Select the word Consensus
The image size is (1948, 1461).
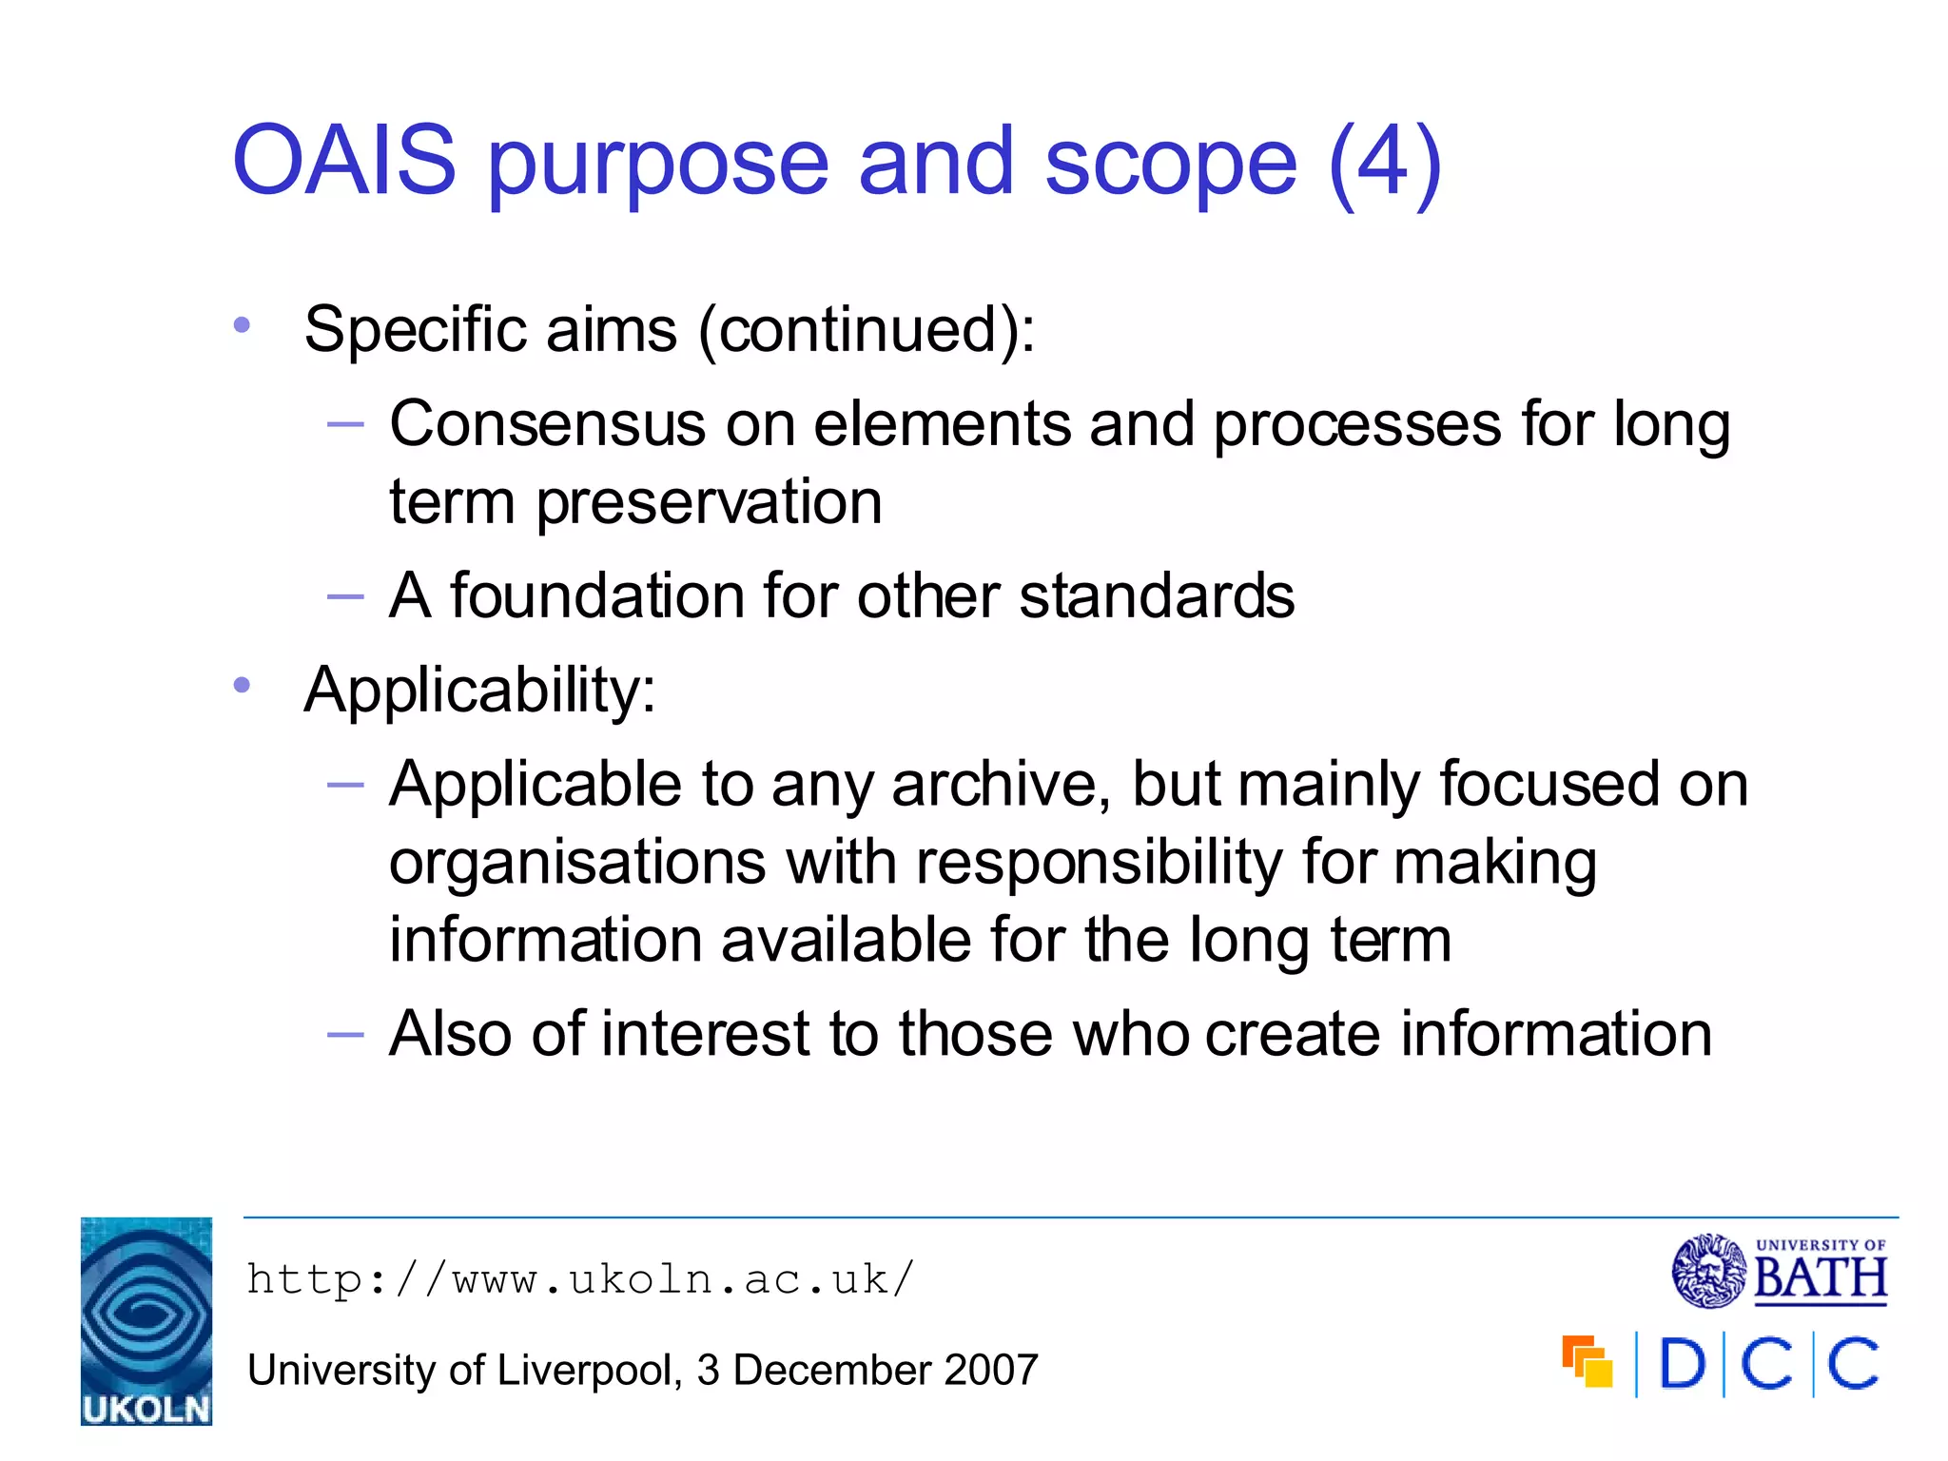point(547,424)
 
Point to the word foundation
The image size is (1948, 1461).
point(596,596)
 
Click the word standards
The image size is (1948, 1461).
point(1156,596)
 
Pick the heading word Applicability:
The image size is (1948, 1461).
point(479,690)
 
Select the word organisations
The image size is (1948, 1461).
point(577,863)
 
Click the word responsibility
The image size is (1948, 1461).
point(1099,863)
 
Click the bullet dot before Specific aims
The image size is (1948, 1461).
point(242,325)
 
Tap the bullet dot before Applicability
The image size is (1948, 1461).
point(242,685)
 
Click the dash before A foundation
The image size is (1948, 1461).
point(344,597)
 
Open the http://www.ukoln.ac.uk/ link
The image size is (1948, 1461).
point(580,1279)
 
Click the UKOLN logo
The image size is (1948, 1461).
point(146,1321)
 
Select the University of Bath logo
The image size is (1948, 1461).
point(1779,1272)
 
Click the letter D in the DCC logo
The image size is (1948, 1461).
point(1682,1364)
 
